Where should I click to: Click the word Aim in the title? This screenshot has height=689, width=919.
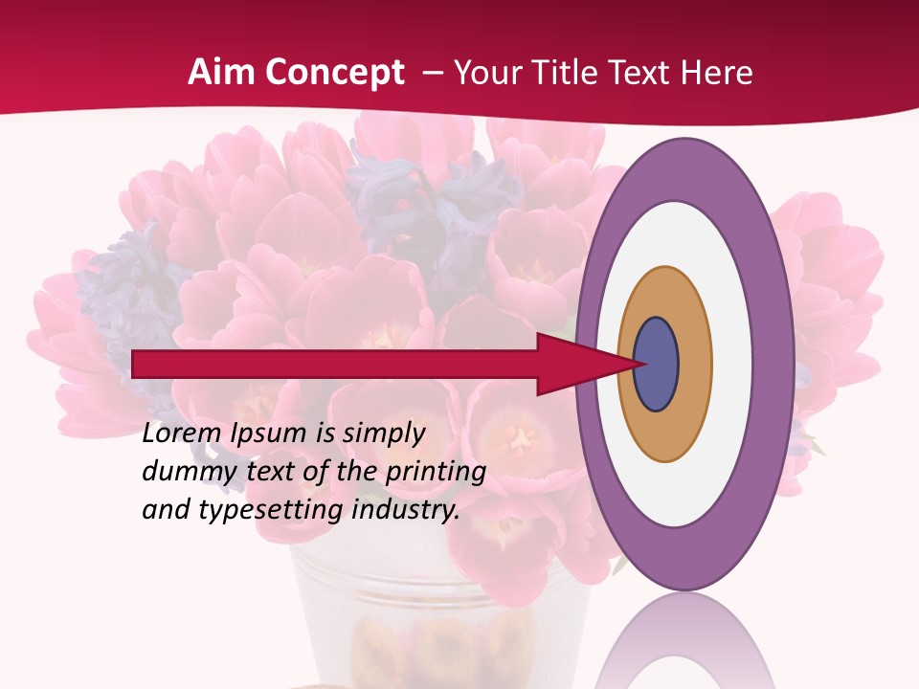pos(220,73)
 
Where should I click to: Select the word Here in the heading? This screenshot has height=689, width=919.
pos(718,73)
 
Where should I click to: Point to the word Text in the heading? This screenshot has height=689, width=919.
pos(643,73)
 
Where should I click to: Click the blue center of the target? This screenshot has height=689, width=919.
pos(656,365)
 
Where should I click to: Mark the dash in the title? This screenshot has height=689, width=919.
pos(432,73)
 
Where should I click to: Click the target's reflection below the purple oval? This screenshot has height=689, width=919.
pos(684,646)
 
